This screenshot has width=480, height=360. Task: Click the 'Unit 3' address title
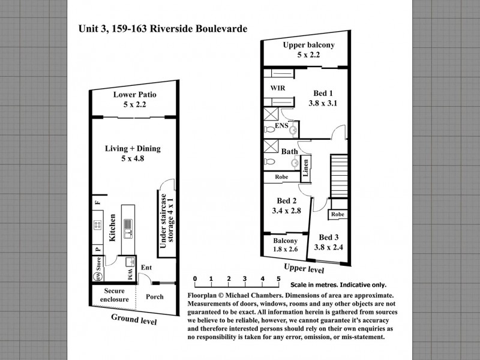tap(163, 29)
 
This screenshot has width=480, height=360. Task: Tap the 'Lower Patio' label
tap(134, 95)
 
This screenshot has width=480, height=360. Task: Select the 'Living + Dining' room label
tap(133, 148)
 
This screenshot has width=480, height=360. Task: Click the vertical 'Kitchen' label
tap(112, 227)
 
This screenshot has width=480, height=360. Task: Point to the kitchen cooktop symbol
tap(98, 225)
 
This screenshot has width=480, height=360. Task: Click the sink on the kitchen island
tap(128, 229)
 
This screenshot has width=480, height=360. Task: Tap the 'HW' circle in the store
tap(98, 277)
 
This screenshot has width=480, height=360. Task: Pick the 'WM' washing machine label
tap(130, 274)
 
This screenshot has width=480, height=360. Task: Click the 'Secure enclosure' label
tap(114, 295)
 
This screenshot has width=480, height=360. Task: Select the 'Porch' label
tap(155, 296)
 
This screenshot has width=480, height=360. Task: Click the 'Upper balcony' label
tap(308, 45)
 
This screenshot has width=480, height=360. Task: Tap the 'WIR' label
tap(278, 88)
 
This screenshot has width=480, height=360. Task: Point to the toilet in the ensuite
tap(269, 130)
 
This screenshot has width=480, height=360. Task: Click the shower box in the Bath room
tap(271, 146)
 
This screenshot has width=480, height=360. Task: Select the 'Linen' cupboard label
tap(305, 168)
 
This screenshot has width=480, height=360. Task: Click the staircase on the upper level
tap(339, 176)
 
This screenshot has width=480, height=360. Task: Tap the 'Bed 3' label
tap(329, 237)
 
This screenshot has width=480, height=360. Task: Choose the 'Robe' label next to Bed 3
tap(338, 214)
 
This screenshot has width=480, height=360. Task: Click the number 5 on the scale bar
tap(278, 278)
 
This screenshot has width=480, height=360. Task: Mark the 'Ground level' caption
tap(134, 319)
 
